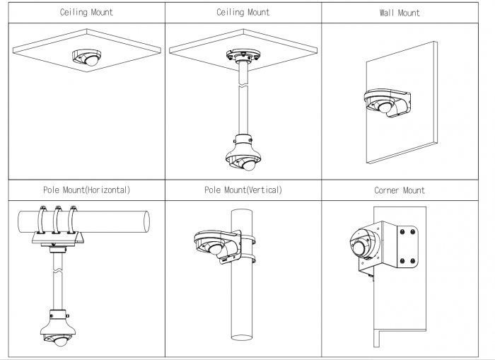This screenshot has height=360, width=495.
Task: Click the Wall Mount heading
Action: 400,13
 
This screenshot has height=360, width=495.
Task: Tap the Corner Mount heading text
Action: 400,190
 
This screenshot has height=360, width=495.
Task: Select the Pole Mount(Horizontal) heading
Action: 86,190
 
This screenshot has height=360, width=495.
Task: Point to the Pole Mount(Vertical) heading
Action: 243,190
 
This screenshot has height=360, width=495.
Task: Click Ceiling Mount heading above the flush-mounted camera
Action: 86,13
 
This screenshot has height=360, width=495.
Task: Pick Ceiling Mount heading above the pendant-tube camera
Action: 243,13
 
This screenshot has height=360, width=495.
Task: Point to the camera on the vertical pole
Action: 212,247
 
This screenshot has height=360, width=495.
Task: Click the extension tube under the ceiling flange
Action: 244,99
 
